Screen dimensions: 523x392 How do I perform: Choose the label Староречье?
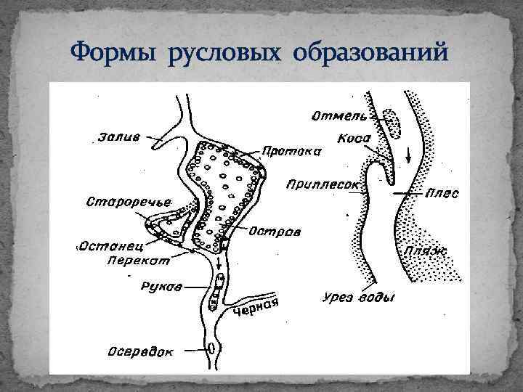tap(118, 200)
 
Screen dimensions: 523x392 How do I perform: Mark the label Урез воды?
tap(358, 298)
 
